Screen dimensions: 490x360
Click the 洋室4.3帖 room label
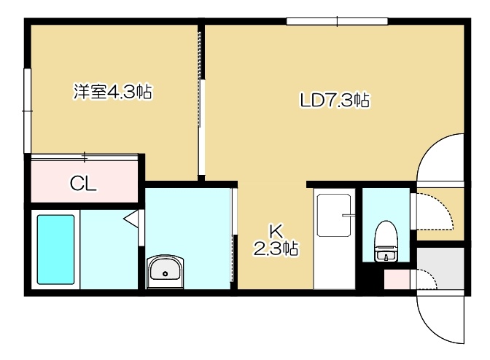point(113,92)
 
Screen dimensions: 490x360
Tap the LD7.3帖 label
point(335,101)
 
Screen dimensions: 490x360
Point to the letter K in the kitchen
point(276,231)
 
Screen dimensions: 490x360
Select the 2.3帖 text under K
point(276,249)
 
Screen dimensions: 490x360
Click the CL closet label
point(83,184)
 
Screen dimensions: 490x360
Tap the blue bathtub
point(56,249)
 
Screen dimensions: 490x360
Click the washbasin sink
point(166,271)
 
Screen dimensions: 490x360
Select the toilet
point(386,241)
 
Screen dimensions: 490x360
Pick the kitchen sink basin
point(334,215)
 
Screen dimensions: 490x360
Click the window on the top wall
point(337,21)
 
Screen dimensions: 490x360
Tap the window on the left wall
point(28,111)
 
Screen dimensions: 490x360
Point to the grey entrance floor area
point(441,268)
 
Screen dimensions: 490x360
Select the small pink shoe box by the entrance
point(397,279)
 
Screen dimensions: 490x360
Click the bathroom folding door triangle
point(131,218)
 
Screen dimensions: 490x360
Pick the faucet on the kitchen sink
point(349,215)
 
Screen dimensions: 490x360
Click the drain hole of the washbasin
point(166,274)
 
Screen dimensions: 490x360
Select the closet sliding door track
point(85,157)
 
